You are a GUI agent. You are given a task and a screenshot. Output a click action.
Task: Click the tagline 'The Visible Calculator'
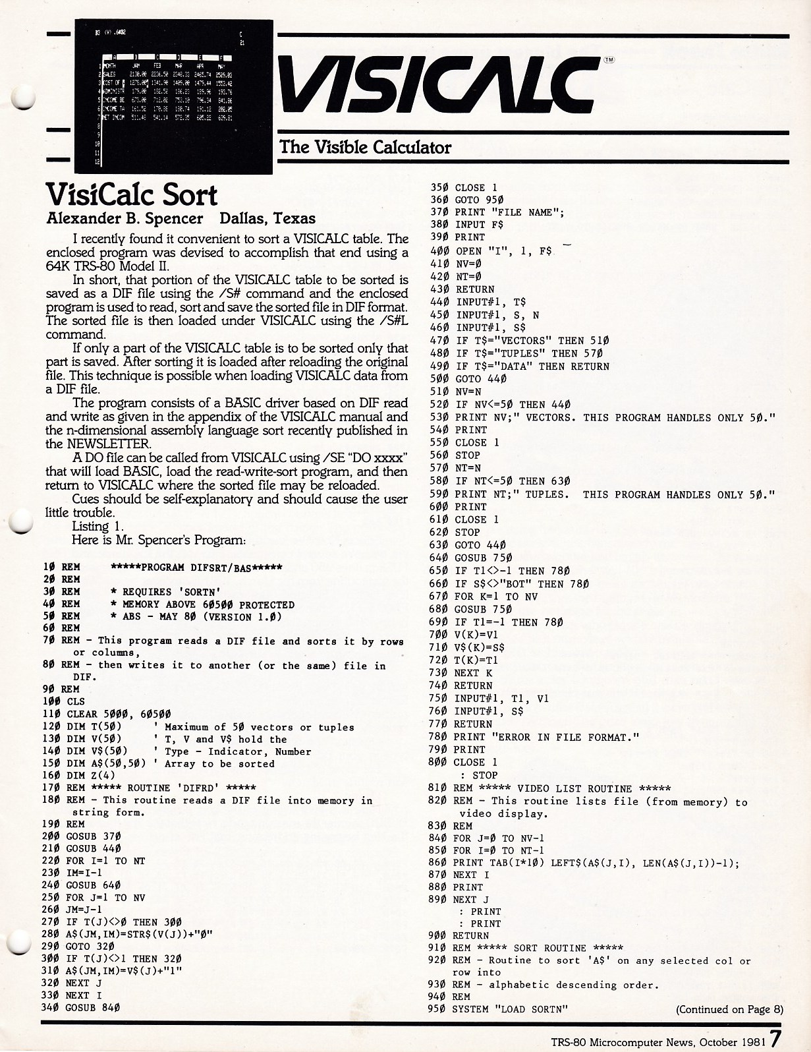tap(366, 146)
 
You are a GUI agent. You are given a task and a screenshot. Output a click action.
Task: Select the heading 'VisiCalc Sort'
tap(132, 195)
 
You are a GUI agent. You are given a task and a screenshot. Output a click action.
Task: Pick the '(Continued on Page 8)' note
tap(729, 1009)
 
